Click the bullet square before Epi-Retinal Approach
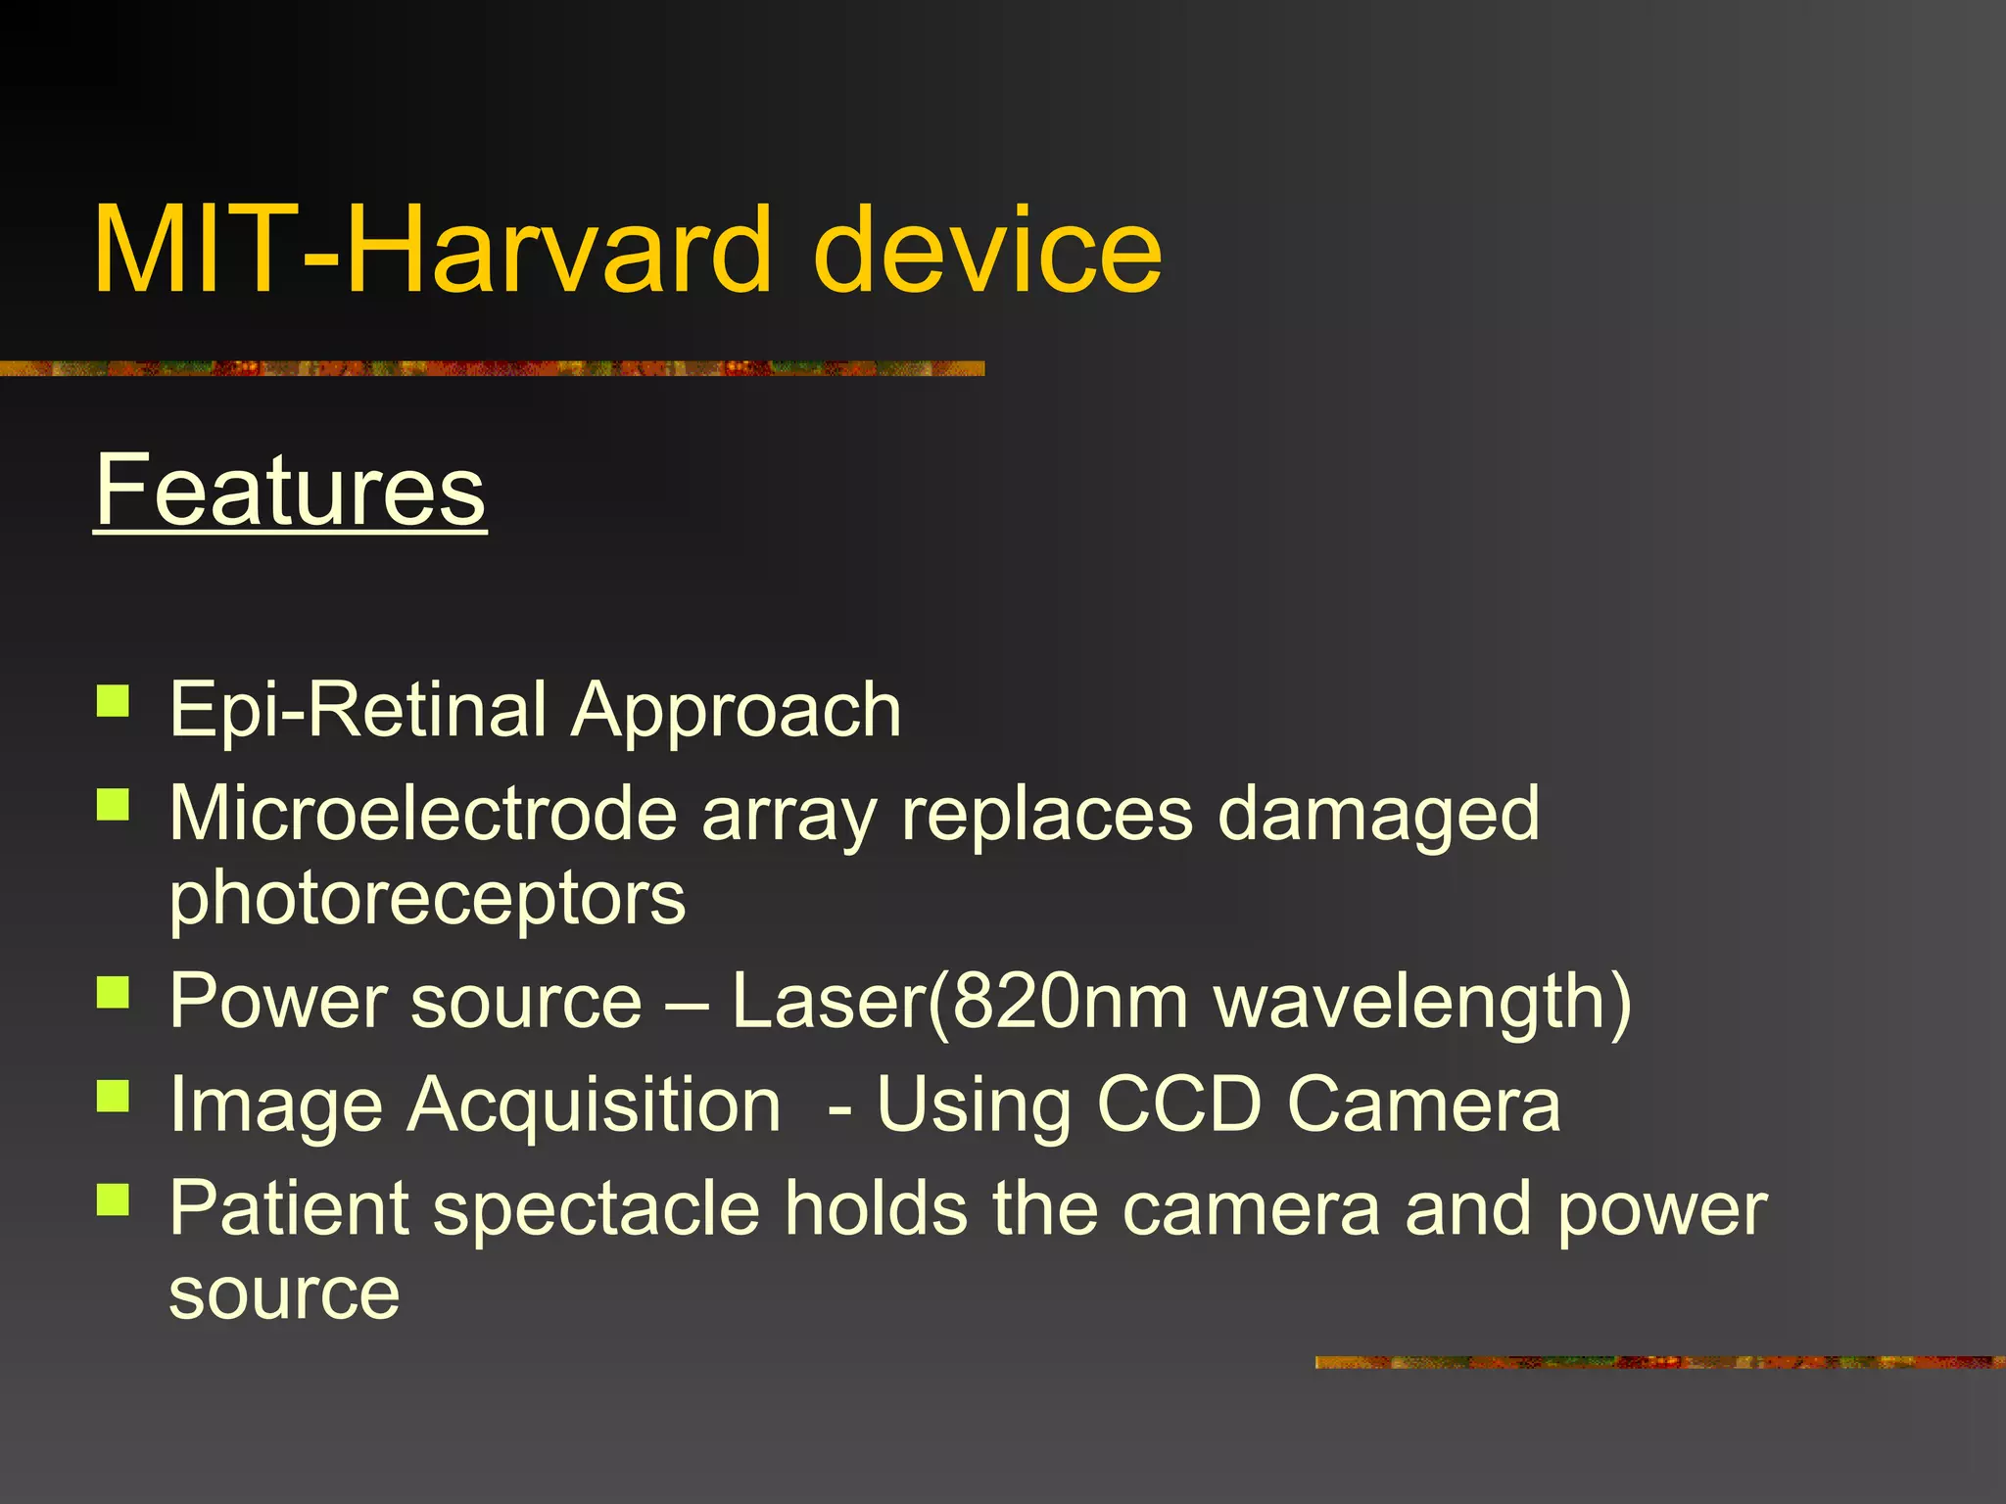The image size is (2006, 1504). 114,702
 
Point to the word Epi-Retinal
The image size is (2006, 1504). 358,710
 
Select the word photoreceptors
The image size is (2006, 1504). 427,900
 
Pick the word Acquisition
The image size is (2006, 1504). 595,1105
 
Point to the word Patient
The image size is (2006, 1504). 288,1209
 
